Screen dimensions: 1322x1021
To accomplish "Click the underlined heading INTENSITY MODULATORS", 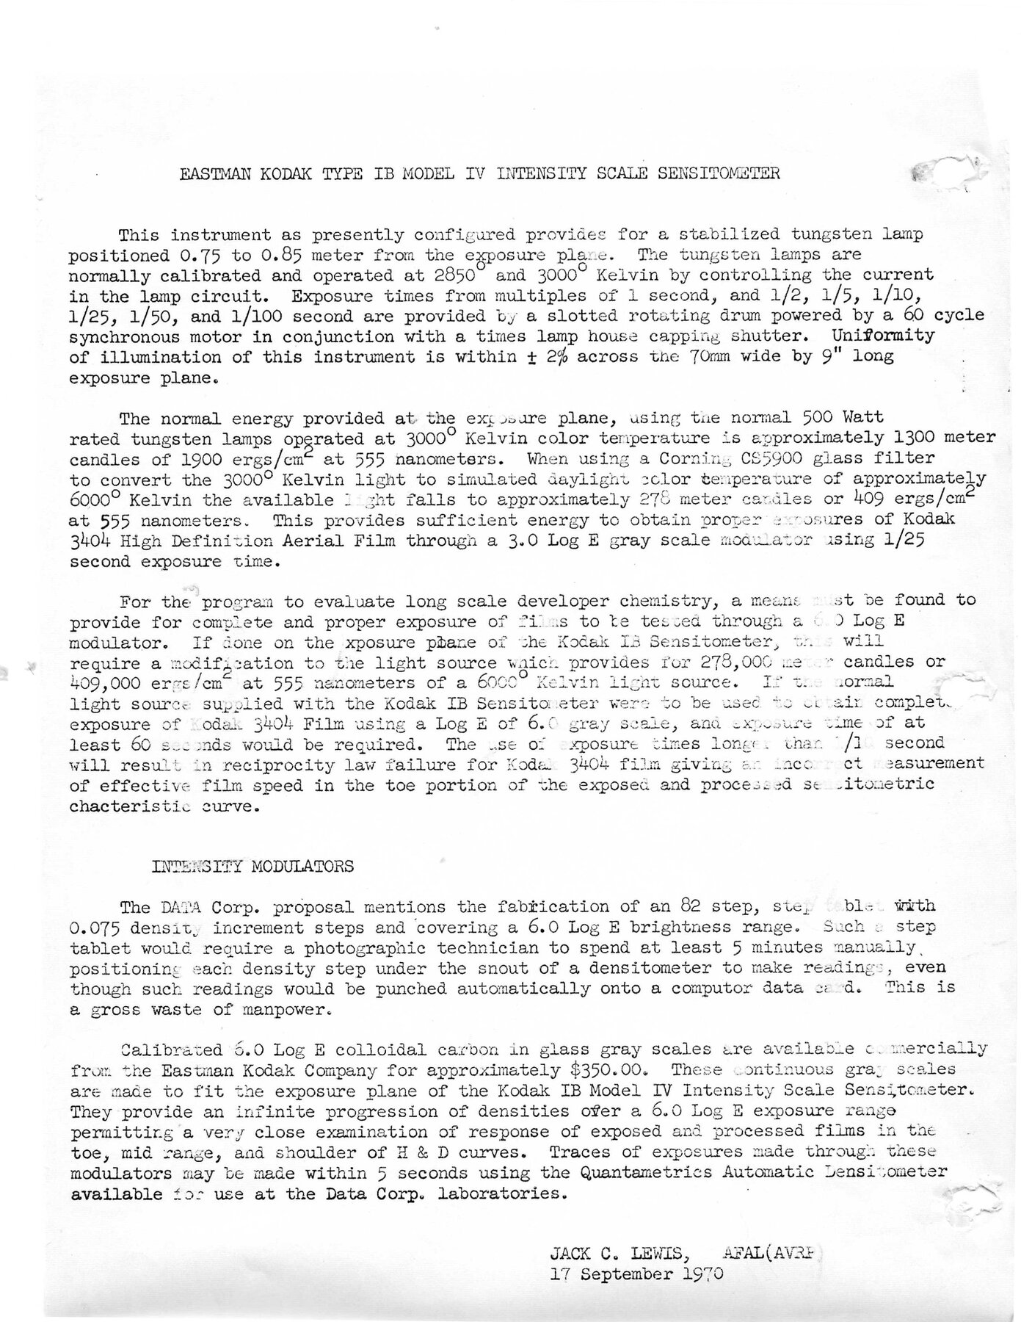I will [252, 866].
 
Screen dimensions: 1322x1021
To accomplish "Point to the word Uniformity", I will [882, 336].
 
